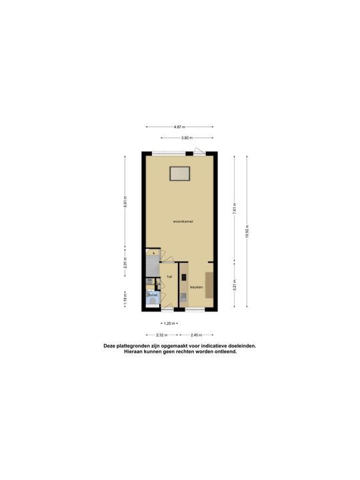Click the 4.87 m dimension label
click(x=178, y=127)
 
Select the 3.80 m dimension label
click(x=186, y=138)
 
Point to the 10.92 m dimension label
click(x=247, y=231)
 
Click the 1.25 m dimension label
click(x=169, y=323)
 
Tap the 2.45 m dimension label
click(x=196, y=335)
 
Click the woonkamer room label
click(x=182, y=221)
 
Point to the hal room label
click(x=169, y=275)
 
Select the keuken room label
click(x=196, y=287)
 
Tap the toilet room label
click(x=153, y=294)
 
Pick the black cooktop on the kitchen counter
click(x=183, y=276)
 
